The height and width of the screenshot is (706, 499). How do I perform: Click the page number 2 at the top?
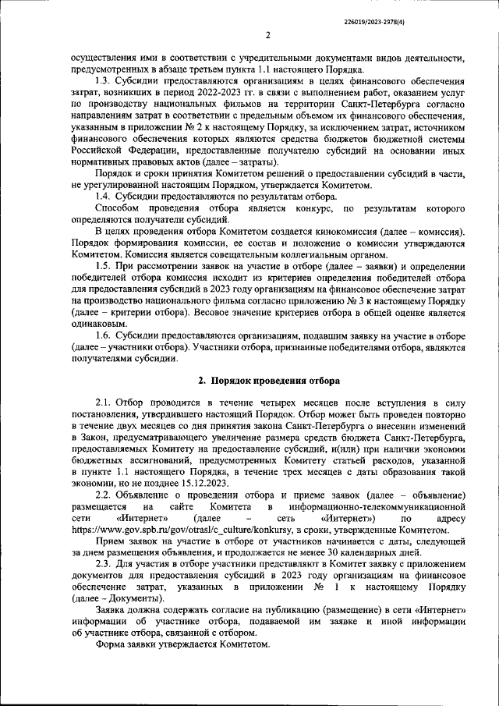267,35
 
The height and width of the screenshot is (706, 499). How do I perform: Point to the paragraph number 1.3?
104,80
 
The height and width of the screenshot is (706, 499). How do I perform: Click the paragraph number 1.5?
104,267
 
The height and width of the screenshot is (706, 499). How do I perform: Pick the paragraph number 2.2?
104,496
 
